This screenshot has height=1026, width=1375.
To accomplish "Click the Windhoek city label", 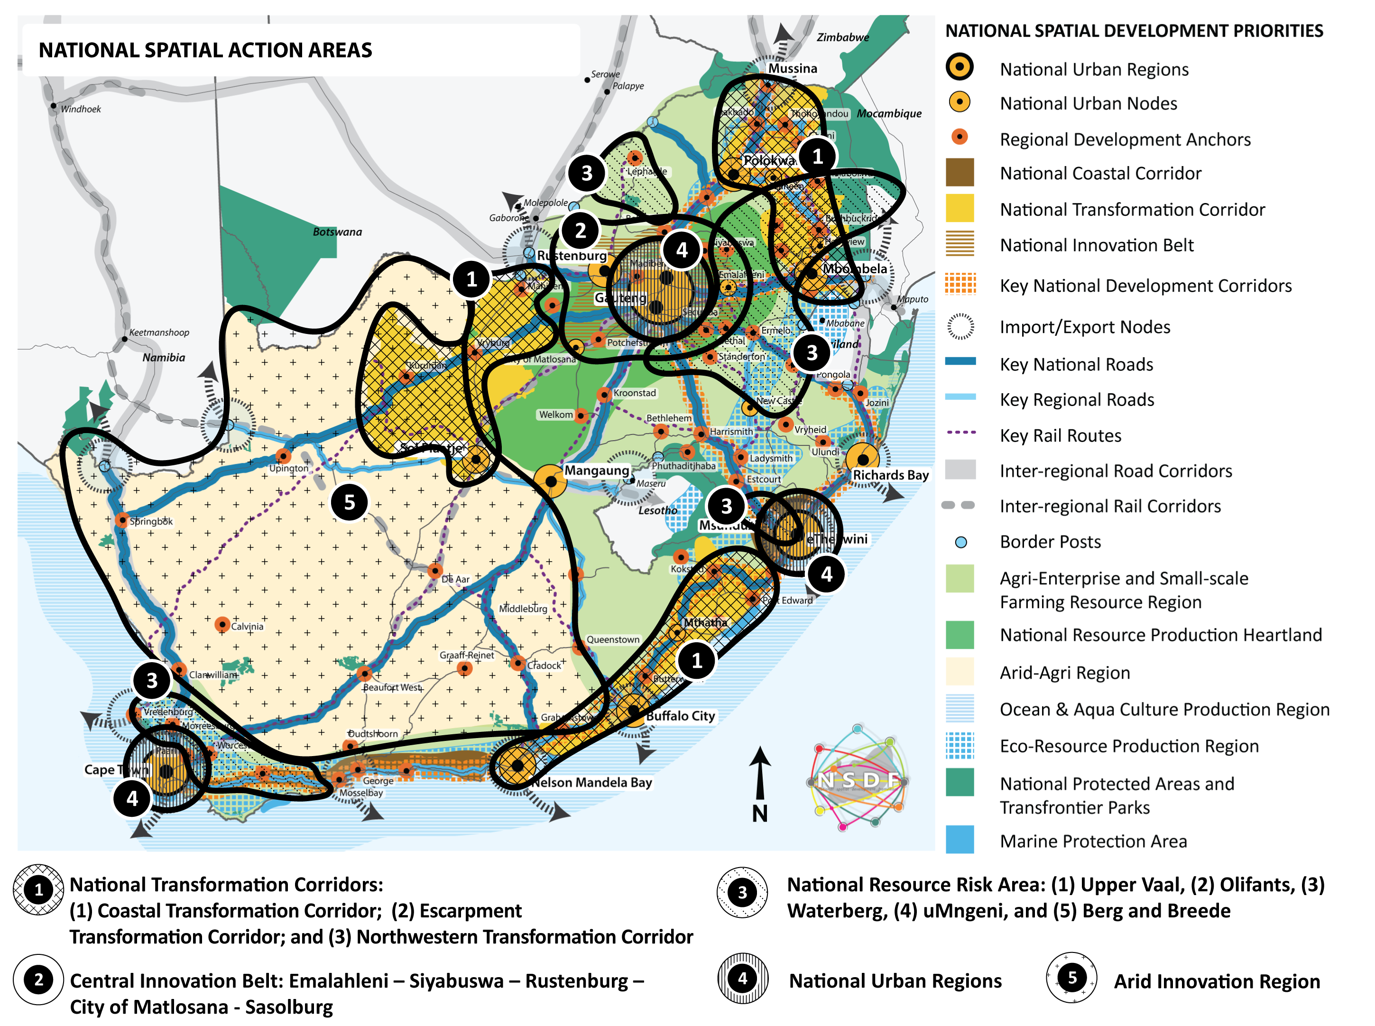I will click(x=80, y=109).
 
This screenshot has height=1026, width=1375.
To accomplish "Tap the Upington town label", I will click(x=288, y=468).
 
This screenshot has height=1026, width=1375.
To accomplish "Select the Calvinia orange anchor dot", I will click(x=221, y=624).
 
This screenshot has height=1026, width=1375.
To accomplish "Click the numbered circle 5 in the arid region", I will click(x=350, y=502).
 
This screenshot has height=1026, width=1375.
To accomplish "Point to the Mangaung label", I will click(x=596, y=471).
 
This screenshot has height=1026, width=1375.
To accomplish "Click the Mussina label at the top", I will click(x=793, y=68).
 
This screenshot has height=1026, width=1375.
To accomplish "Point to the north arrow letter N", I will click(x=759, y=813).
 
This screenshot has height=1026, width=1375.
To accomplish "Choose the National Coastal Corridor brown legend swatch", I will click(x=960, y=173).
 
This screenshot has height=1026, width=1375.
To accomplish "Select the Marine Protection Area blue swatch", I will click(x=960, y=841).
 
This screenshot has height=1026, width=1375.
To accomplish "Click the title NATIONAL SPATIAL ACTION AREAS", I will click(x=205, y=50).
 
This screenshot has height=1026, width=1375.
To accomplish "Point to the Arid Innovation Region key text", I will click(x=1217, y=981).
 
